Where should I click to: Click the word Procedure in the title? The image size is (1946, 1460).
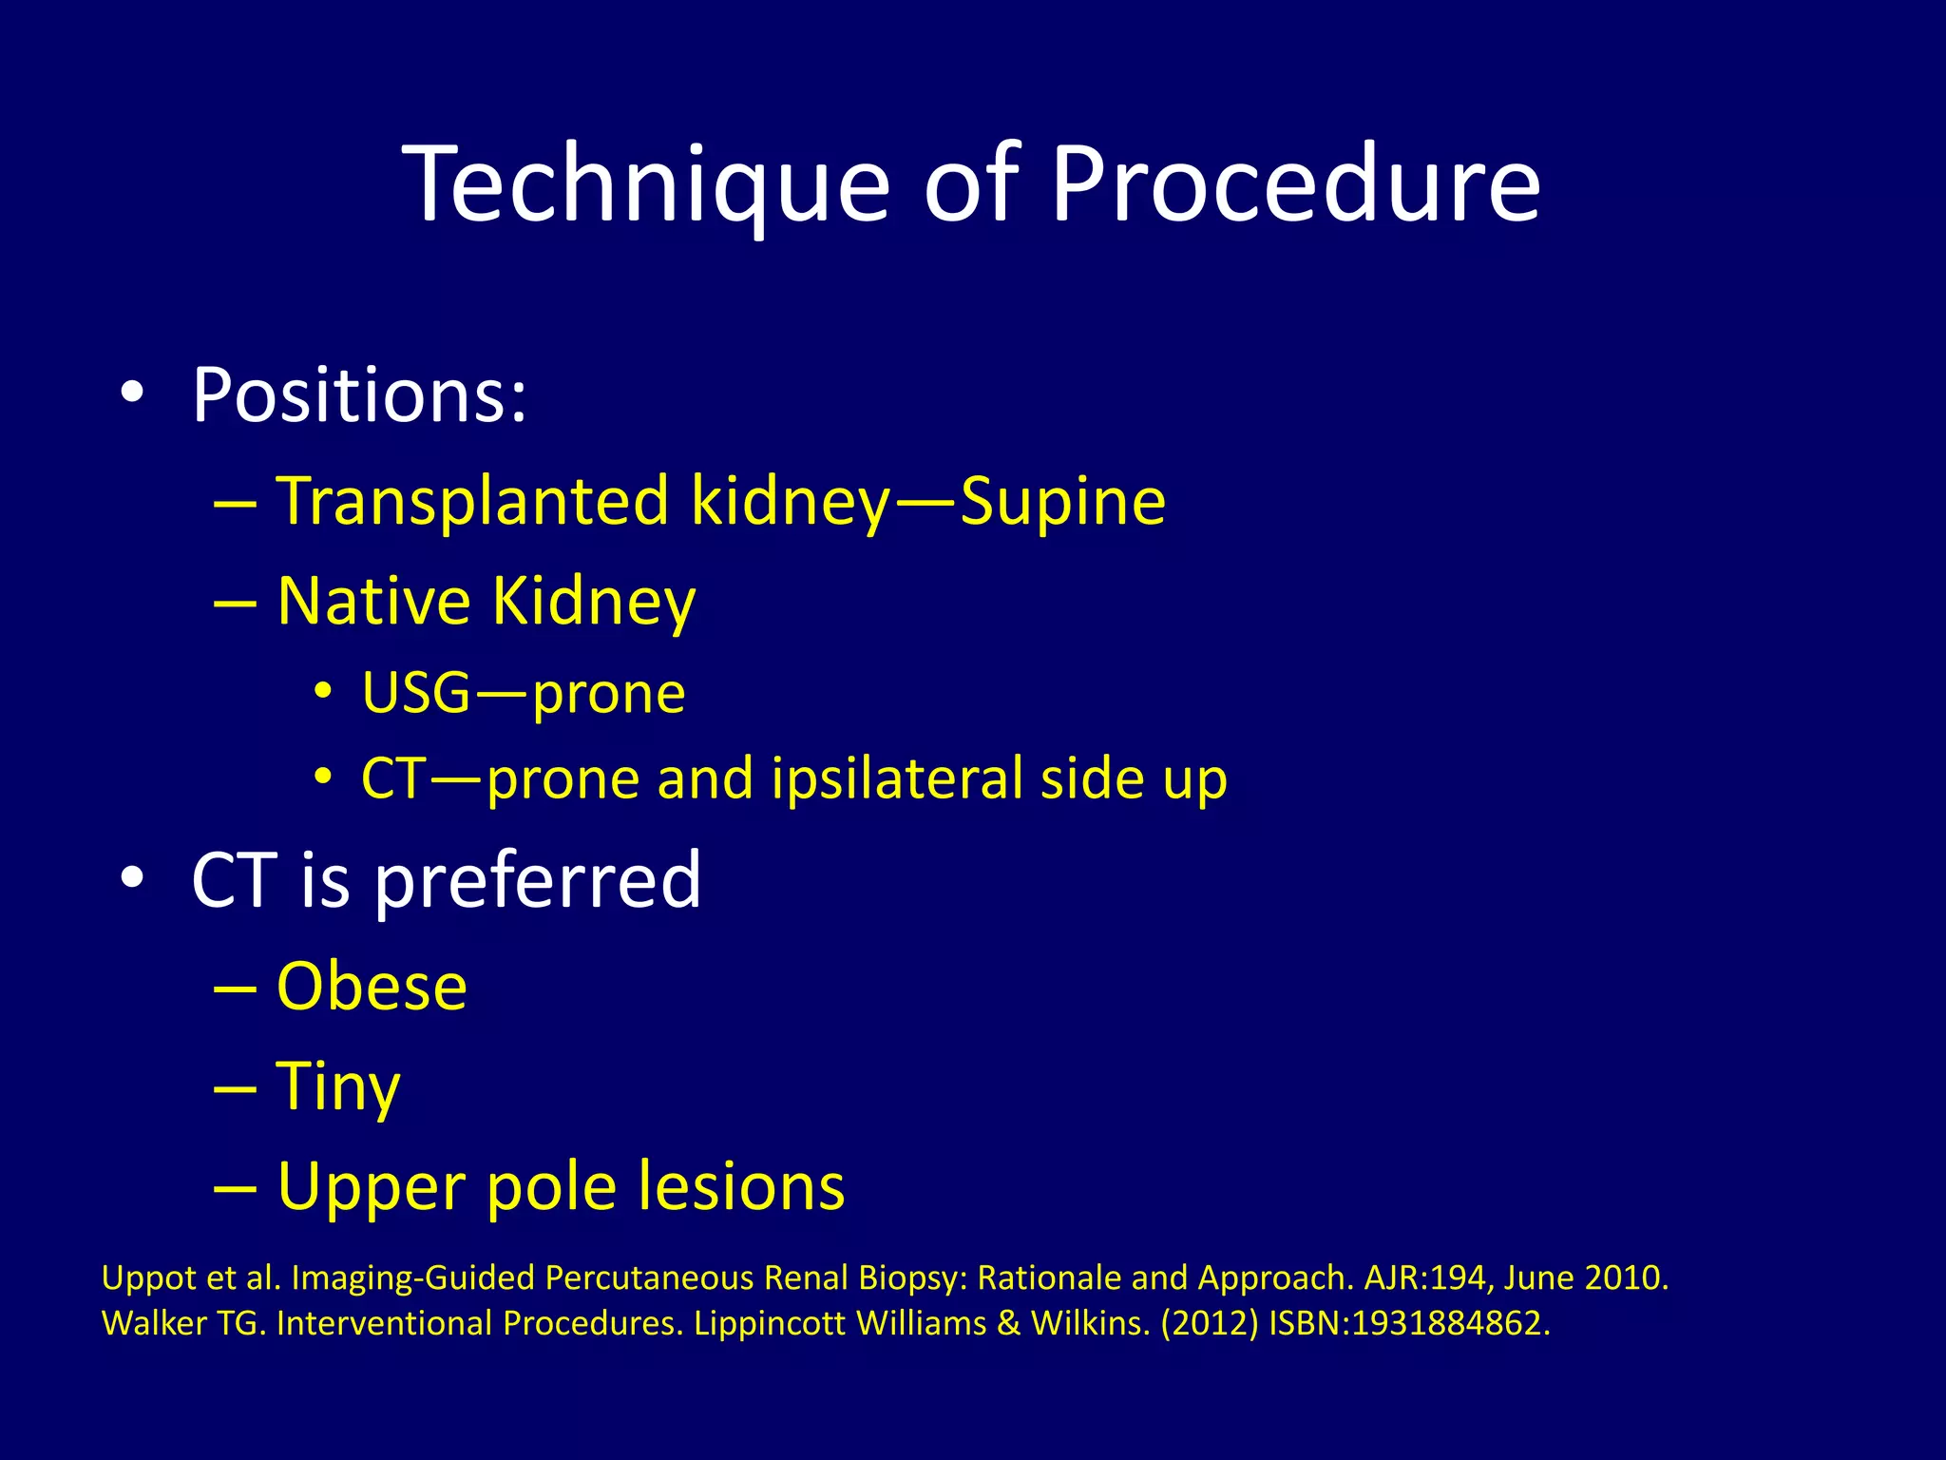(x=1294, y=185)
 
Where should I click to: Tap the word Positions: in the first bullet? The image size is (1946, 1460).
(x=359, y=395)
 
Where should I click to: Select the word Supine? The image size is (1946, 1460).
(x=1062, y=501)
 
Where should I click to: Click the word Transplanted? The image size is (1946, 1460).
(x=472, y=501)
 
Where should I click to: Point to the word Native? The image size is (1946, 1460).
(x=373, y=602)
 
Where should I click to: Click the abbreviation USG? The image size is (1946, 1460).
(x=416, y=693)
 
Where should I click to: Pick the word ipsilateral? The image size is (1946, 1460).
(x=898, y=778)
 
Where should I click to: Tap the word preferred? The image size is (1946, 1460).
(x=537, y=880)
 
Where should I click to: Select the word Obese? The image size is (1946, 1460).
(x=372, y=987)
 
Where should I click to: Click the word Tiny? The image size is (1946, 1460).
(x=337, y=1086)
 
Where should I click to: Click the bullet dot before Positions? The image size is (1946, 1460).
(x=132, y=392)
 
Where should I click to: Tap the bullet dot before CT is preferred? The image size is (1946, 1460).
(x=132, y=877)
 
